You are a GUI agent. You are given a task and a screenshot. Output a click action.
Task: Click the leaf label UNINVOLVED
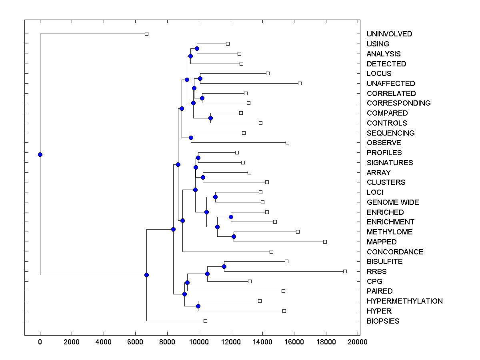tap(389, 34)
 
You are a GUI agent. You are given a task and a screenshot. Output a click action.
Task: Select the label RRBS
tap(376, 272)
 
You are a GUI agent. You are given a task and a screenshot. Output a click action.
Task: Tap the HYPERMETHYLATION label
tap(404, 301)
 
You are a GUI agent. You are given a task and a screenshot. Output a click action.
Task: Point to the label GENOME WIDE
tap(393, 202)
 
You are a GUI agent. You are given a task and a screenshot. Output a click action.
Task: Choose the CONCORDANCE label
tap(395, 252)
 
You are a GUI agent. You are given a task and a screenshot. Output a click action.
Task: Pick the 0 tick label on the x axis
tap(40, 342)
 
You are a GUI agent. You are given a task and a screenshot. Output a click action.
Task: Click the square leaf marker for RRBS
tap(345, 271)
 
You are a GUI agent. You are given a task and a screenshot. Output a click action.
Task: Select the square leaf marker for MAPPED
tap(325, 242)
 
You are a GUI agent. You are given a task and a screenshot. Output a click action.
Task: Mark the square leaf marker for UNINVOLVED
tap(146, 34)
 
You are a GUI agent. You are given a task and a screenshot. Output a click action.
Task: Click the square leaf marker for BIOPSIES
tap(205, 321)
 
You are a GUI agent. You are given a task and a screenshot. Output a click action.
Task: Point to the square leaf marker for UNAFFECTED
tap(300, 83)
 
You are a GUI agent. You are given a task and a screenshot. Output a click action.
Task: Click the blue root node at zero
tap(40, 154)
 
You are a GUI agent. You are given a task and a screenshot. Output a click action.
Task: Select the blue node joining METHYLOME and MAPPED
tap(234, 236)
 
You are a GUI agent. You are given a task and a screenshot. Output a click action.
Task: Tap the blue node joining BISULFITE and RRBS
tap(224, 266)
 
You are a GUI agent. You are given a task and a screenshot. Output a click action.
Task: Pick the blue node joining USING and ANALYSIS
tap(197, 48)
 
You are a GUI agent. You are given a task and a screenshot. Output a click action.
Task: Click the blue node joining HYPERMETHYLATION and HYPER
tap(198, 306)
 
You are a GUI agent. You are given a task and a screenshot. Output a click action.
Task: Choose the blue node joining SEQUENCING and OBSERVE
tap(191, 138)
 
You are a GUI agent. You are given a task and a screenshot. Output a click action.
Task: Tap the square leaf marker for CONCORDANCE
tap(271, 252)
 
